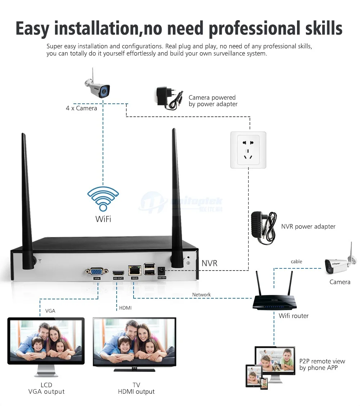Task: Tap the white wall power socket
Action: (x=248, y=150)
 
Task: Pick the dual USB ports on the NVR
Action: (x=149, y=269)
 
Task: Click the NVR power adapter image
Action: (x=264, y=227)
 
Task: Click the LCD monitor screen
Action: (x=46, y=340)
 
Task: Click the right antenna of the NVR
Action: (x=176, y=198)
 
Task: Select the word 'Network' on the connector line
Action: (x=201, y=295)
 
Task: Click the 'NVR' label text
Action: (x=209, y=263)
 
